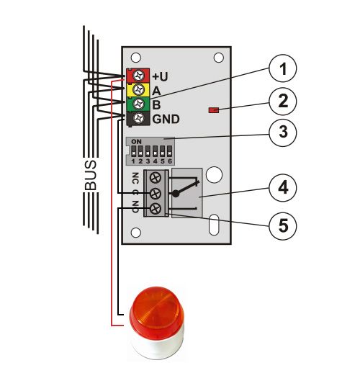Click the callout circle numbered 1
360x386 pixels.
tap(283, 68)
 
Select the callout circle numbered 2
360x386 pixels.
tap(283, 101)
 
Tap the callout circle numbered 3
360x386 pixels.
tap(283, 133)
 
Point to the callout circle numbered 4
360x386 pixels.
tap(283, 187)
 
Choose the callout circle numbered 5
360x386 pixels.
tap(283, 225)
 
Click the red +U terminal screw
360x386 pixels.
tap(138, 76)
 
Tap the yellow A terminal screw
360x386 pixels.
tap(138, 89)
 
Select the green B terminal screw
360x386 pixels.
tap(138, 104)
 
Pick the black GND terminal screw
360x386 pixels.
tap(138, 118)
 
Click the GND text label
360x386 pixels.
tap(166, 119)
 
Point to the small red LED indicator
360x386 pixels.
tap(214, 110)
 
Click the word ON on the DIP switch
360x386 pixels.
tap(136, 142)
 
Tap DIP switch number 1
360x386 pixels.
tap(133, 152)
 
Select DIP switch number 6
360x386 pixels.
tap(169, 152)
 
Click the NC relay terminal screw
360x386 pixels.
tap(156, 177)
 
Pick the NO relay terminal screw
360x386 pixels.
tap(156, 209)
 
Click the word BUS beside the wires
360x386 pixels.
tap(90, 175)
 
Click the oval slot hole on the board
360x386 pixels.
tap(214, 225)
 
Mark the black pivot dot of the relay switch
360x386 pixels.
tap(175, 194)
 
